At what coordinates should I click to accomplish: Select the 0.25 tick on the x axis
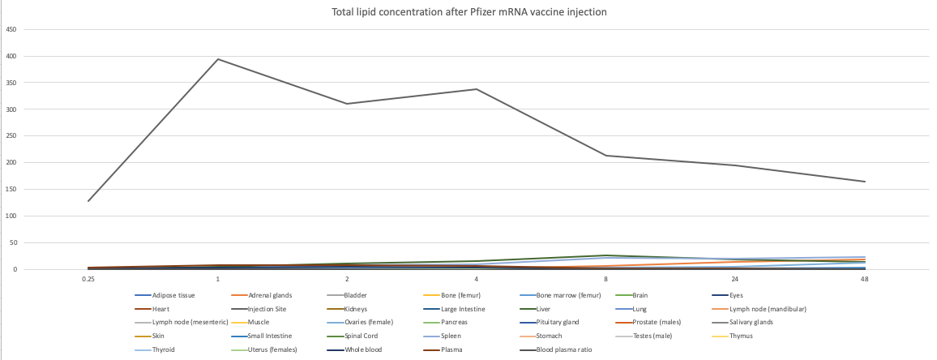point(88,279)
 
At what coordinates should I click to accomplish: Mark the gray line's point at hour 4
point(477,89)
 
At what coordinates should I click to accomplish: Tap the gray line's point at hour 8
point(606,156)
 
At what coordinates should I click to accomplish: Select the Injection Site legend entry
point(271,309)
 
